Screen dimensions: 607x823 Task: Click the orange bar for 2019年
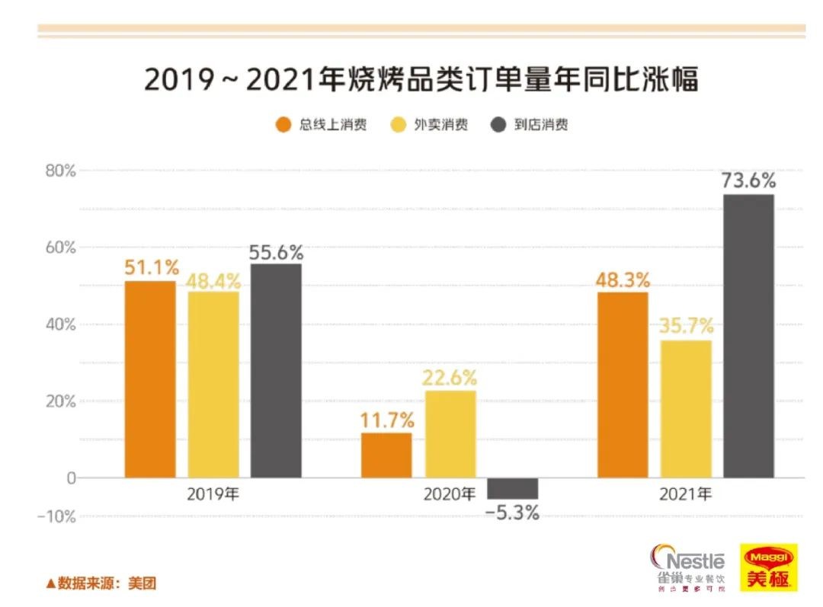click(150, 379)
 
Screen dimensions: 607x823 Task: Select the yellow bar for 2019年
click(213, 385)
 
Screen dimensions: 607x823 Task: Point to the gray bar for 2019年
click(276, 371)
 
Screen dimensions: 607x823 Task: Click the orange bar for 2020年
click(386, 455)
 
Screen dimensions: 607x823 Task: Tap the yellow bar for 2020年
click(450, 434)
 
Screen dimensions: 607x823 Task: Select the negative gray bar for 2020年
click(512, 488)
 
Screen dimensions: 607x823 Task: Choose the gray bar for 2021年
click(748, 336)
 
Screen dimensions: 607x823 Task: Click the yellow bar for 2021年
click(686, 409)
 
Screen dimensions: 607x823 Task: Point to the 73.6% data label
click(748, 181)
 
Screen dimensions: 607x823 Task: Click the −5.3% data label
click(512, 513)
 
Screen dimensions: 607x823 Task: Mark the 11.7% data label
click(387, 420)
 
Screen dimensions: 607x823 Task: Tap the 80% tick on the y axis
click(59, 171)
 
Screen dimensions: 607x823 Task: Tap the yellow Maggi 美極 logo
click(769, 567)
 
